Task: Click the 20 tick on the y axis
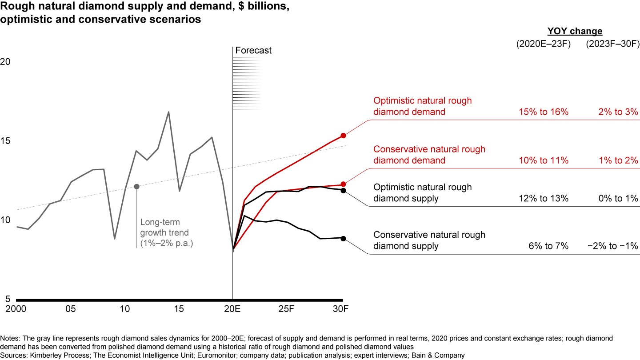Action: [x=5, y=62]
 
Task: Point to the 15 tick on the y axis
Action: [x=5, y=141]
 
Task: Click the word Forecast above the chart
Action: [x=253, y=51]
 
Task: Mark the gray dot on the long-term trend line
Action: [x=136, y=186]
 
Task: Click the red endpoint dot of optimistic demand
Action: [x=343, y=136]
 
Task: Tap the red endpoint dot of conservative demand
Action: [x=343, y=184]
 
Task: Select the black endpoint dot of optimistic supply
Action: [x=343, y=191]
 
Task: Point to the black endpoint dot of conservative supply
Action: [x=343, y=238]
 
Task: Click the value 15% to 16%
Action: [x=544, y=112]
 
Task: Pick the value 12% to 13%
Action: [x=544, y=198]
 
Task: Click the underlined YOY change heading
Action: [x=575, y=32]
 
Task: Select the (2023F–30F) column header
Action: [x=612, y=44]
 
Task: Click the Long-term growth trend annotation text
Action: [x=164, y=232]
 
